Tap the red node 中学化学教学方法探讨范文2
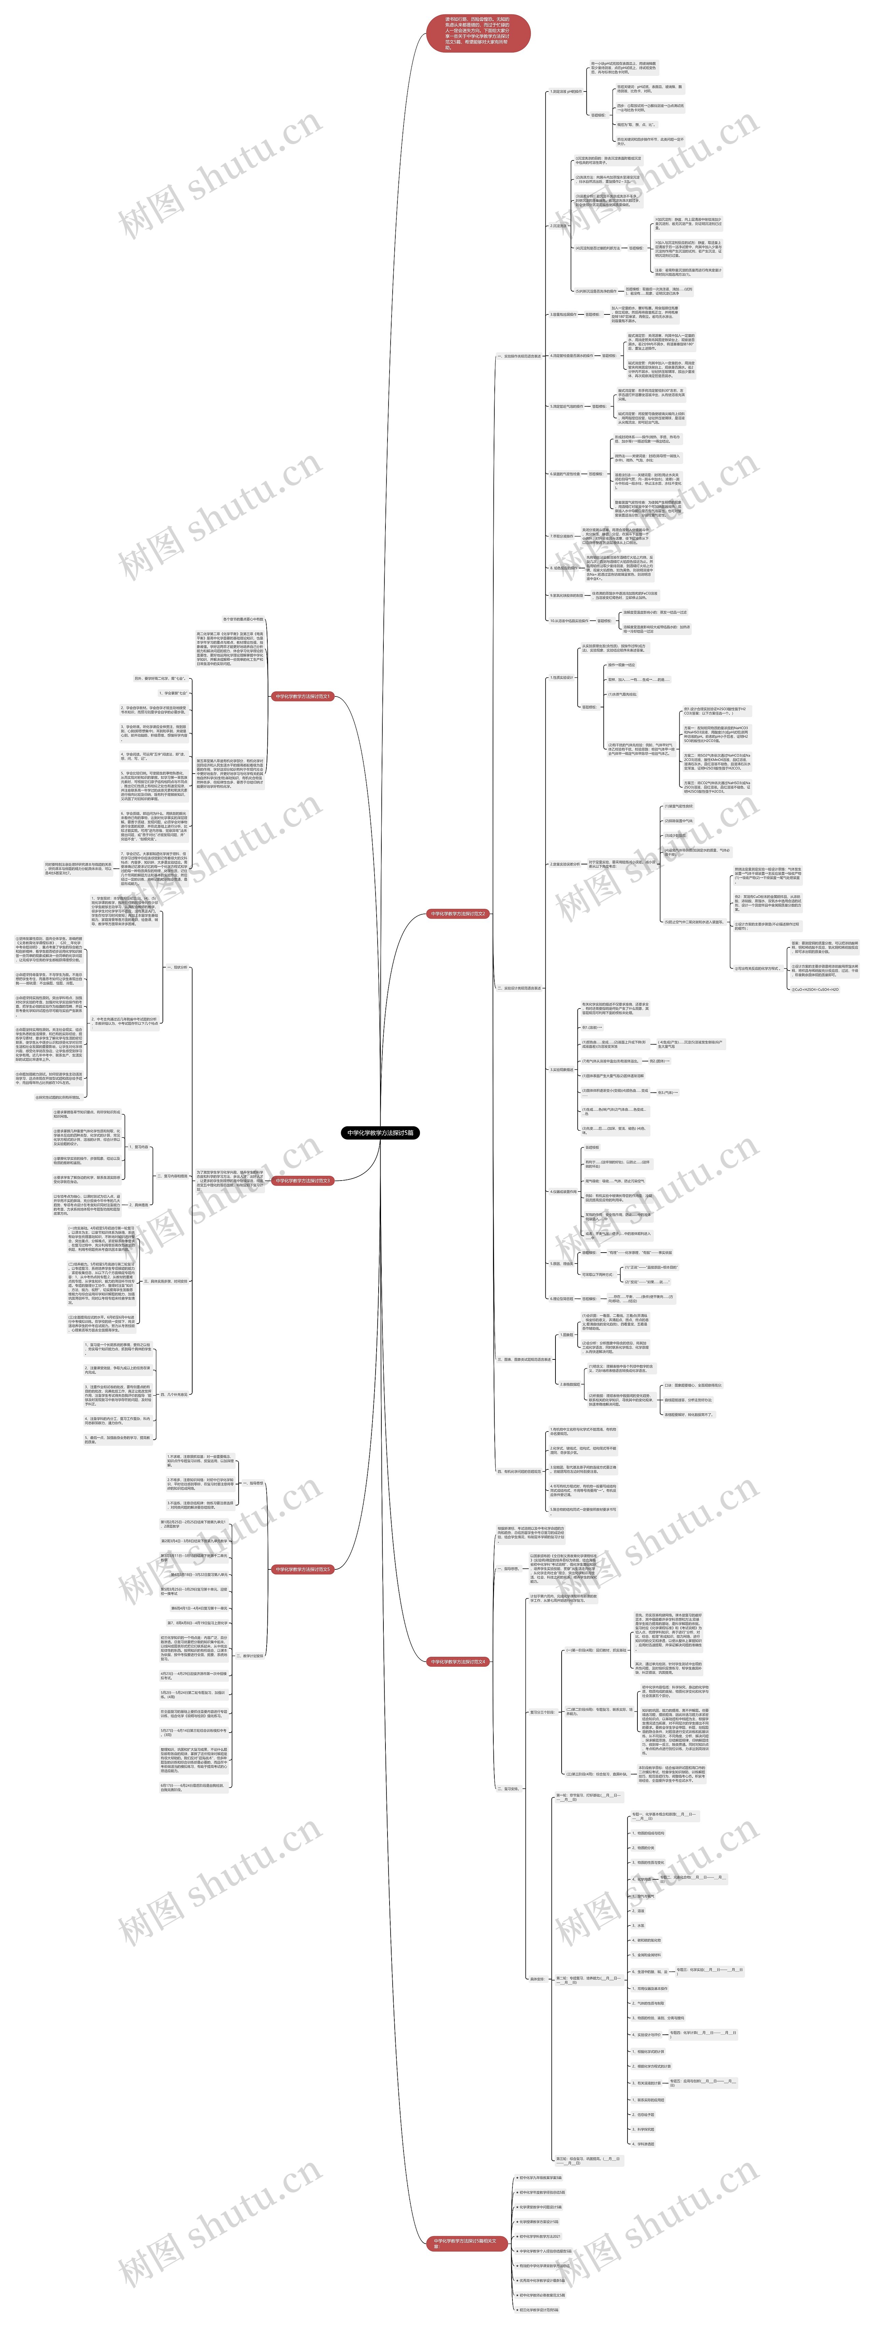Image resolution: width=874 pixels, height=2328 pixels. [x=458, y=914]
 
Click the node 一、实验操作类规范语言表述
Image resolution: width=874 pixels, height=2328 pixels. [x=519, y=356]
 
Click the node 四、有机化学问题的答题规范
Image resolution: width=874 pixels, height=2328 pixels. [x=519, y=1471]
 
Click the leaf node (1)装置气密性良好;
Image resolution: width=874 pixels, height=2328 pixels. [x=679, y=806]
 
